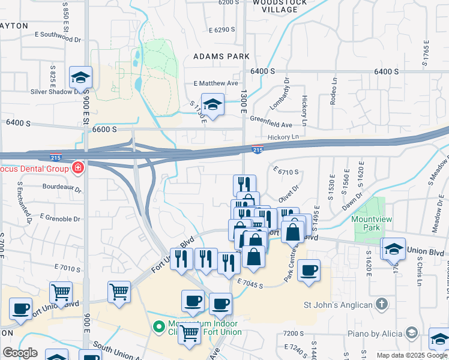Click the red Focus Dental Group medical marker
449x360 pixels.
77,167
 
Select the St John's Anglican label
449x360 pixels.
339,305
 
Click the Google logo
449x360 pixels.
20,353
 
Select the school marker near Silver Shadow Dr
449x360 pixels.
80,77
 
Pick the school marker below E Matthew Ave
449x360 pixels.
212,104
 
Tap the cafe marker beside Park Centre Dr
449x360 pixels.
309,271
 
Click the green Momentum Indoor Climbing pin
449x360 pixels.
158,327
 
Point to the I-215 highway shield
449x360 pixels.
258,150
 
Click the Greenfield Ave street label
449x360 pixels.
271,125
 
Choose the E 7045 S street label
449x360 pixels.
250,283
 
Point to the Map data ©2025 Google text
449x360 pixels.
411,355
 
